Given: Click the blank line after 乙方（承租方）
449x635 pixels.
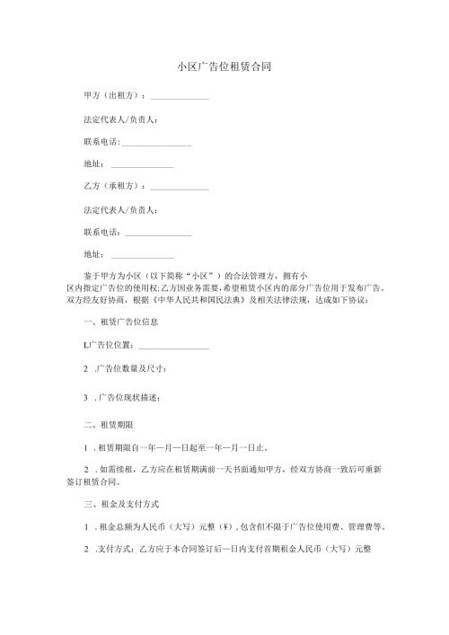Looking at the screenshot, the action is point(180,189).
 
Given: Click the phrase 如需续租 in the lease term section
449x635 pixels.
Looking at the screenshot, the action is point(116,469).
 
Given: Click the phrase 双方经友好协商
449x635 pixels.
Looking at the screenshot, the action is point(95,300).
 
